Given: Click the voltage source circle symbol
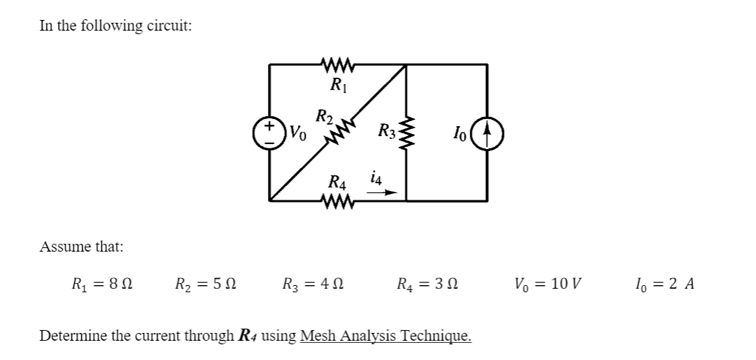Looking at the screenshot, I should click(270, 133).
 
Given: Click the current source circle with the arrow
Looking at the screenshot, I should click(487, 133).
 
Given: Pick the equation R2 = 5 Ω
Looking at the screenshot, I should click(206, 284).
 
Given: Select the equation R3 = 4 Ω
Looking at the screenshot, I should click(314, 284).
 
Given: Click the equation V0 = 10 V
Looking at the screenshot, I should click(547, 284).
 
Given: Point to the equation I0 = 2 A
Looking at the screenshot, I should click(663, 284).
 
